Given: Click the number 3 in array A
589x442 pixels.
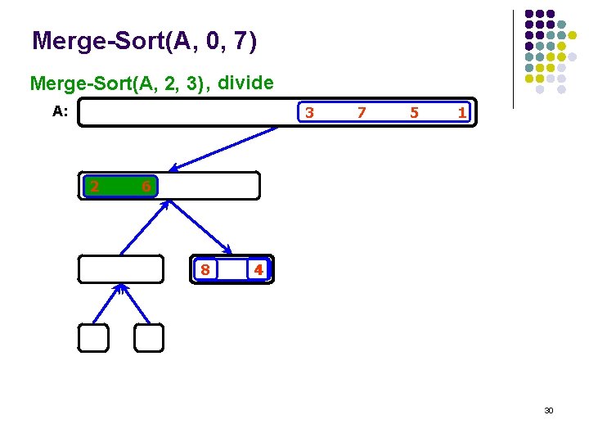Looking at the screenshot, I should pos(309,112).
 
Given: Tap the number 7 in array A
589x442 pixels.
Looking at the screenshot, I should pos(362,112).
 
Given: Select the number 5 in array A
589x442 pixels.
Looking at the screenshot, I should pos(414,112).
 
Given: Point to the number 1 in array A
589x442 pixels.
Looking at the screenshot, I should pos(462,112).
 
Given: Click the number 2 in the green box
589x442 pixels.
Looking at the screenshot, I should pos(95,187).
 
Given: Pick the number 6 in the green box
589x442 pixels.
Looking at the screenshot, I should pos(145,187).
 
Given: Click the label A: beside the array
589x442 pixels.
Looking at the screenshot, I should pos(60,112).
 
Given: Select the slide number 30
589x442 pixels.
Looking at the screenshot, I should pos(549,410).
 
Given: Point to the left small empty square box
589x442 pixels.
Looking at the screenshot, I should pos(93,338).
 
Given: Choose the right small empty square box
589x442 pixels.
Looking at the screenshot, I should pos(149,338).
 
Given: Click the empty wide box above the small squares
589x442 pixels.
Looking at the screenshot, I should pos(121,269).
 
